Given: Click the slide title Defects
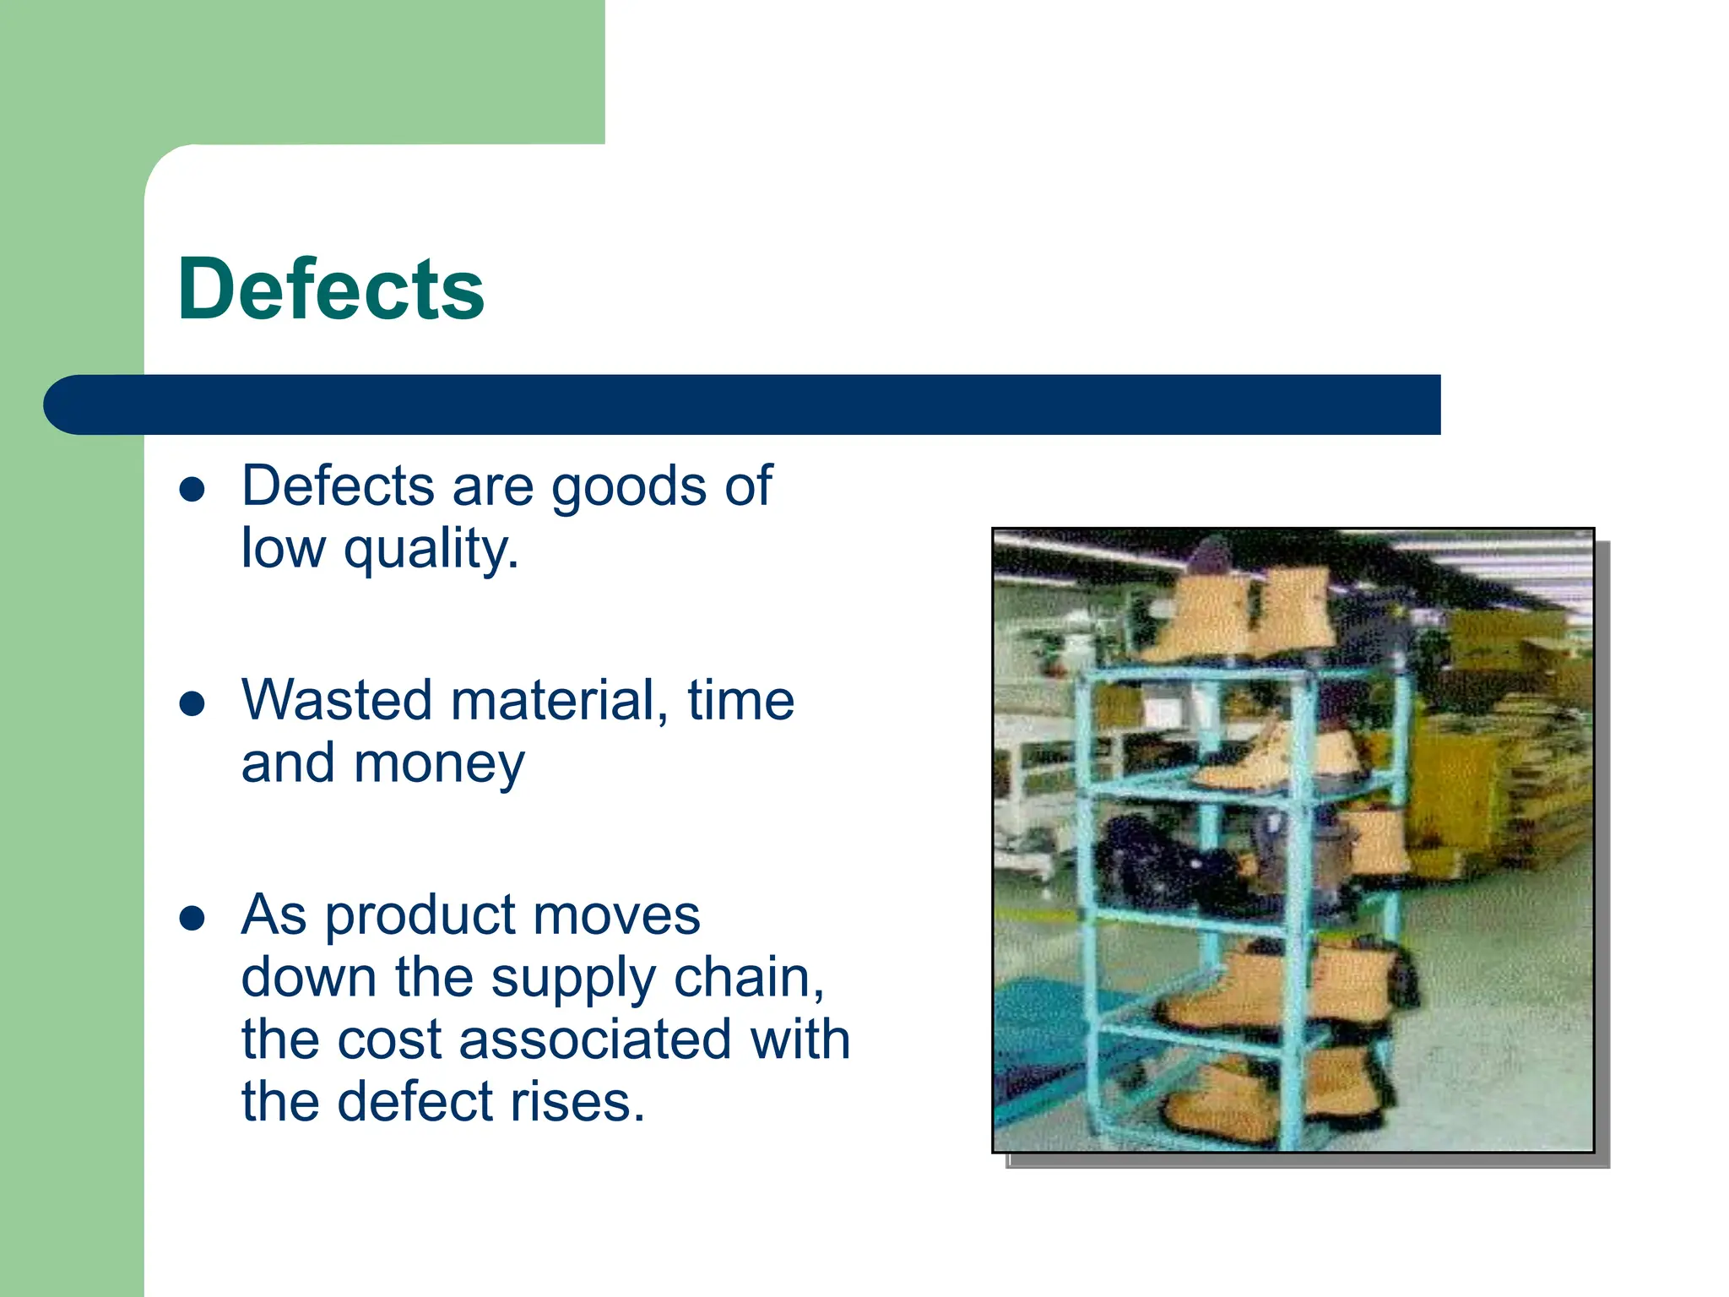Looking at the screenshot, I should coord(331,289).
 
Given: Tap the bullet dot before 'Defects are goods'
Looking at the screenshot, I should coord(192,489).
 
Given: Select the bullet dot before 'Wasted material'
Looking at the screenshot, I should coord(192,703).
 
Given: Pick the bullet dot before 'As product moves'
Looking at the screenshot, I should coord(192,918).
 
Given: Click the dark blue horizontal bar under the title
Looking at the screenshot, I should coord(743,404).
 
